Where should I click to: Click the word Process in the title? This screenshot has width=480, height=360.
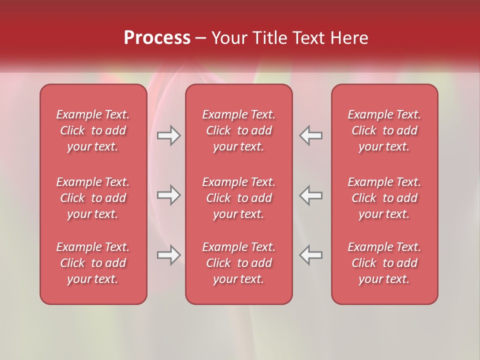point(157,38)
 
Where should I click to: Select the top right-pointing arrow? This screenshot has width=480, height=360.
point(169,135)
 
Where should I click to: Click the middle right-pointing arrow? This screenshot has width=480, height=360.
point(169,195)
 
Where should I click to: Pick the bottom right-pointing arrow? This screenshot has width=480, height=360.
point(169,255)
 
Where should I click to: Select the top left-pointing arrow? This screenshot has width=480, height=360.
point(310,135)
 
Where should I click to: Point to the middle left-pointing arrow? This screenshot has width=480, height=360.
point(310,195)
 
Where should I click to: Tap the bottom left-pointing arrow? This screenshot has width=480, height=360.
point(310,255)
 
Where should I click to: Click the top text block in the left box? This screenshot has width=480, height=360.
point(93,130)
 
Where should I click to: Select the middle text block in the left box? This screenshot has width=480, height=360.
point(93,198)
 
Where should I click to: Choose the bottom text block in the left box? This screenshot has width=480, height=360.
point(93,263)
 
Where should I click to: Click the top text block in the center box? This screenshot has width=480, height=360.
point(239,130)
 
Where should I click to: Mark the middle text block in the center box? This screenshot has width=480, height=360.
point(239,198)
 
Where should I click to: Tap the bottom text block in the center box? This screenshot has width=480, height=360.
point(239,263)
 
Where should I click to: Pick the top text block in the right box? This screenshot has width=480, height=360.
point(384,130)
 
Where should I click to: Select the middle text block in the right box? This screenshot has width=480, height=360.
point(384,198)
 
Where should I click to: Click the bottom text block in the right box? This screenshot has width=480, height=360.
point(384,263)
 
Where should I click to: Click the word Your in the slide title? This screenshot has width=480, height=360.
point(228,38)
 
